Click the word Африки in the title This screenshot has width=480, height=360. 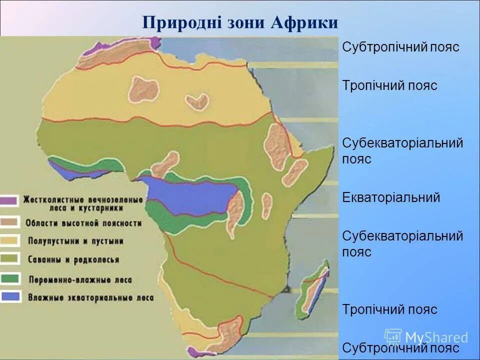(x=305, y=23)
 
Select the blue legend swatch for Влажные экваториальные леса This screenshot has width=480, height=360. (x=10, y=296)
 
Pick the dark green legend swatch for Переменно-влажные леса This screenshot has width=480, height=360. (x=10, y=278)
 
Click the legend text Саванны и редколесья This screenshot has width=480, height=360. (x=73, y=259)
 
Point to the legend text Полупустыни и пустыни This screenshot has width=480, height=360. (x=75, y=241)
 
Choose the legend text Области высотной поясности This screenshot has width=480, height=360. (x=82, y=223)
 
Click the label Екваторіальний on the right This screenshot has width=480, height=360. (x=391, y=197)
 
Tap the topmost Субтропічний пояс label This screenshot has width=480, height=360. (x=400, y=47)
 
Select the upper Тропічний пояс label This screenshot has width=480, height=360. (x=389, y=85)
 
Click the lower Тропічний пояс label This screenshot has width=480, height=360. (x=389, y=309)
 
